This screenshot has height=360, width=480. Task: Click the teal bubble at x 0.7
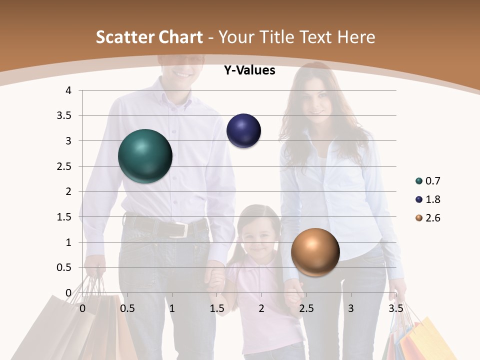tap(145, 156)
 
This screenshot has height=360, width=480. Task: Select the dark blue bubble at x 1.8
tap(244, 131)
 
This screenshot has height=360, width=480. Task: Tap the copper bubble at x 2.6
tap(315, 252)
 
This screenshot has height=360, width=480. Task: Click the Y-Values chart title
tap(249, 70)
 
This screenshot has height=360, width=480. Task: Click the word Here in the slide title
tap(356, 37)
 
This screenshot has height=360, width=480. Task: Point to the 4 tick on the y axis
tap(68, 90)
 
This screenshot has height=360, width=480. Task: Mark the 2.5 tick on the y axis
tap(65, 166)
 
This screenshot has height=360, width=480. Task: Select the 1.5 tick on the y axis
tap(65, 217)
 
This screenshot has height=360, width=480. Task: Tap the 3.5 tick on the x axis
tap(396, 308)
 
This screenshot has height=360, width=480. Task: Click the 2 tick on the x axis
tap(261, 308)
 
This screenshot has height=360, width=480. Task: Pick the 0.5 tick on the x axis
tap(127, 308)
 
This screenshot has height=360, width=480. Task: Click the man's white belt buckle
tap(181, 229)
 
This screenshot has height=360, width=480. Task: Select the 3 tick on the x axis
tap(351, 308)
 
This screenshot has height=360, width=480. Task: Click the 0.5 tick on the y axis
tap(65, 268)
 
